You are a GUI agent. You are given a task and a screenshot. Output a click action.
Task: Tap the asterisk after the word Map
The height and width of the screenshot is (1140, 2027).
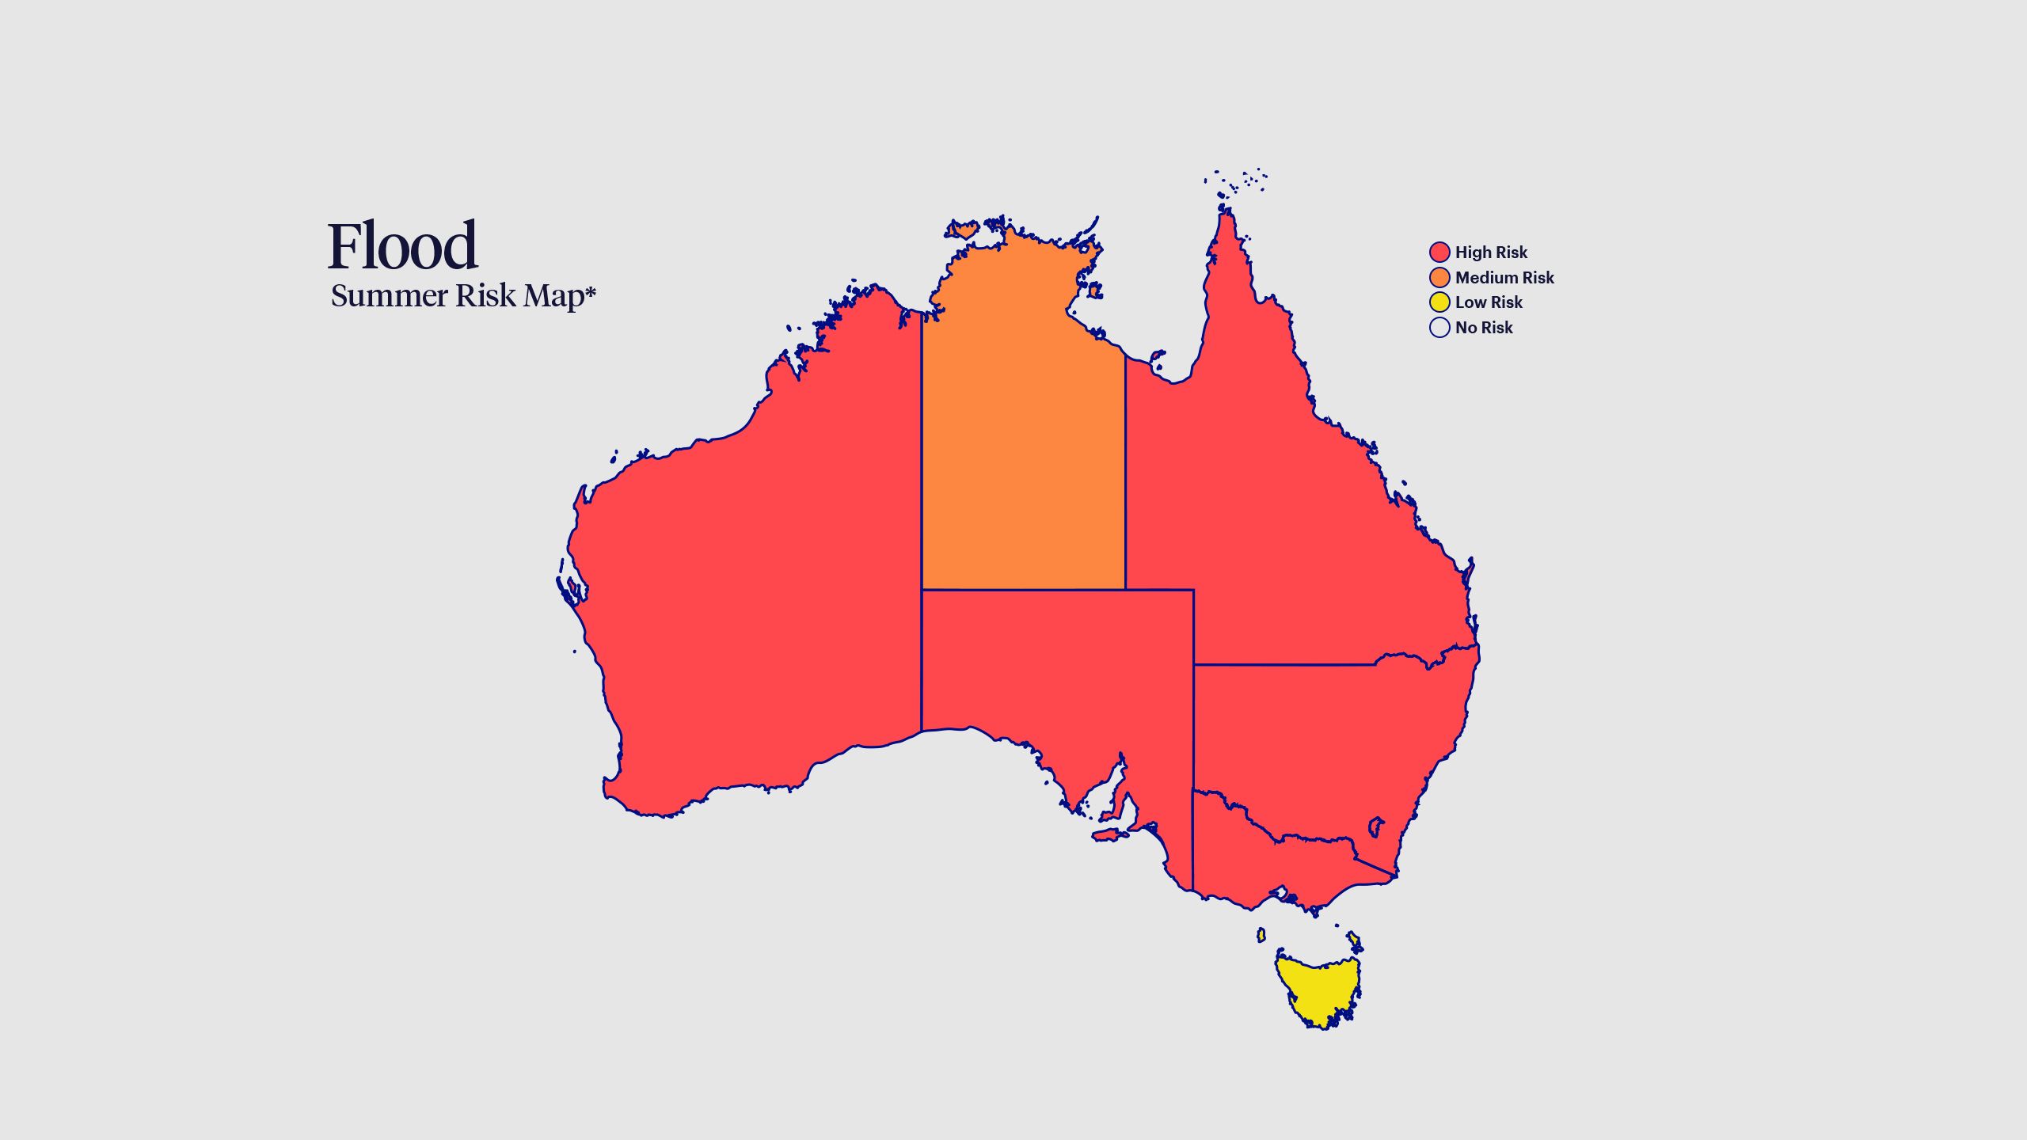[x=590, y=293]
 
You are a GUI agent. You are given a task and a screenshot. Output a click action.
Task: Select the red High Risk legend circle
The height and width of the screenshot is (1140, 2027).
[x=1439, y=253]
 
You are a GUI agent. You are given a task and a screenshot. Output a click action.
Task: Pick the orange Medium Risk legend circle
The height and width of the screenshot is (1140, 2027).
[x=1439, y=277]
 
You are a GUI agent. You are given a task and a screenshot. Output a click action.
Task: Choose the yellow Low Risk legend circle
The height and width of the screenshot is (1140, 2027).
[x=1439, y=302]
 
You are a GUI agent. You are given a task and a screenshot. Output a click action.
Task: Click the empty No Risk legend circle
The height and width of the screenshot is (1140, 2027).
[x=1439, y=327]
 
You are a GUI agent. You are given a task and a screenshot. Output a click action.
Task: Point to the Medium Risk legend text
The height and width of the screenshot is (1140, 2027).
[x=1504, y=278]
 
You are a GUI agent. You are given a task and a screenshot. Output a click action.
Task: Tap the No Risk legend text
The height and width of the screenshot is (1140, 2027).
[x=1484, y=328]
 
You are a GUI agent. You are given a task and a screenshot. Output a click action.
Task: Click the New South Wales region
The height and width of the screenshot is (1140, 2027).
[x=1330, y=736]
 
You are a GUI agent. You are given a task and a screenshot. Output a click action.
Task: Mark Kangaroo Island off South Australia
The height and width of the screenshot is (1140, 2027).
[x=1109, y=835]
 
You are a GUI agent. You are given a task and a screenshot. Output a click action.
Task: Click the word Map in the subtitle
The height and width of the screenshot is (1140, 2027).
[x=553, y=296]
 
